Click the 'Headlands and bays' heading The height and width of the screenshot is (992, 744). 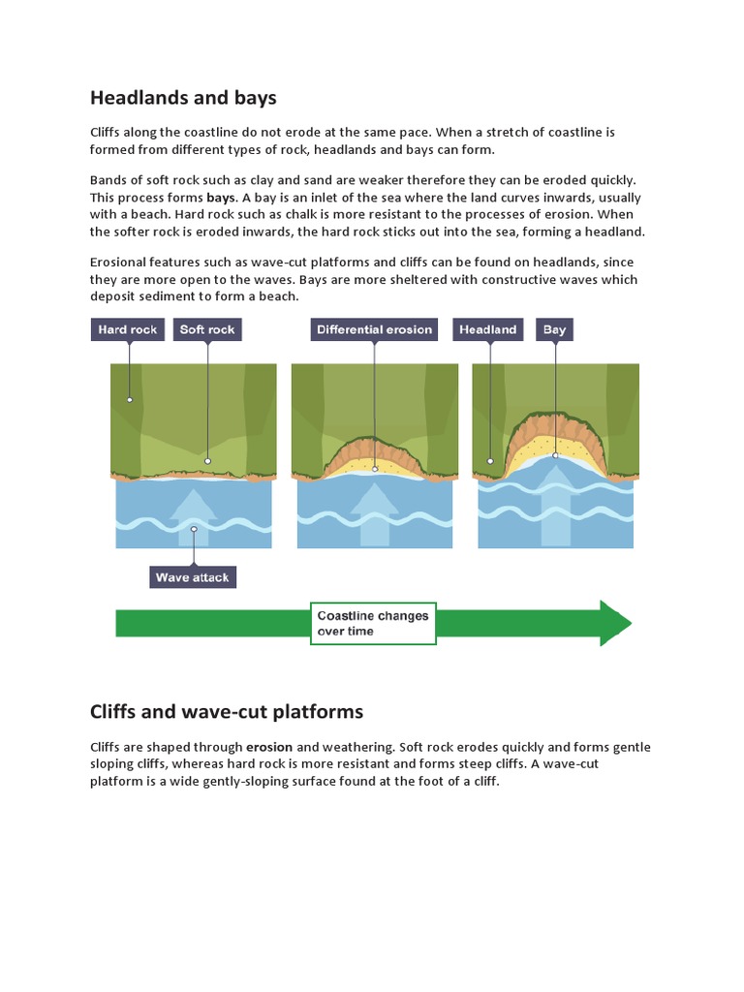pyautogui.click(x=183, y=98)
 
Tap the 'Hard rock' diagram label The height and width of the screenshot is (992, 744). pyautogui.click(x=128, y=330)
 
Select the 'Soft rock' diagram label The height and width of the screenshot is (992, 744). pyautogui.click(x=207, y=330)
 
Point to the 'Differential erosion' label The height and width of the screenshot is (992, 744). pyautogui.click(x=374, y=330)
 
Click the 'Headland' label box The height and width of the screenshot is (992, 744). pyautogui.click(x=488, y=330)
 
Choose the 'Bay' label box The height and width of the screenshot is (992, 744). pyautogui.click(x=554, y=330)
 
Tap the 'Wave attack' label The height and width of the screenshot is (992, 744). pyautogui.click(x=193, y=578)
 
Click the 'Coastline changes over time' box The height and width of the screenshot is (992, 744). pyautogui.click(x=373, y=623)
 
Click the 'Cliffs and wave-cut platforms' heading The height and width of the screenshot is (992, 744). pyautogui.click(x=227, y=712)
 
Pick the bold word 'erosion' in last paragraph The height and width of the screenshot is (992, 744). pyautogui.click(x=269, y=748)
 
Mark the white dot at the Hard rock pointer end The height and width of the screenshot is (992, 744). pyautogui.click(x=128, y=399)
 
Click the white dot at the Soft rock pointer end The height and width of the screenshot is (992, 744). pyautogui.click(x=207, y=461)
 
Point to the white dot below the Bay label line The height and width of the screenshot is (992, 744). pyautogui.click(x=555, y=455)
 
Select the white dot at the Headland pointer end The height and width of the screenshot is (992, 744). pyautogui.click(x=490, y=461)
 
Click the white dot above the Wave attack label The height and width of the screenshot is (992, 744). pyautogui.click(x=194, y=529)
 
